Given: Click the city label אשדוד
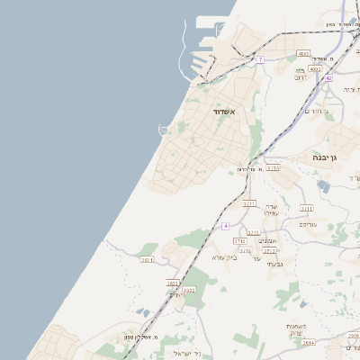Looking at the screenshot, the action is click(x=224, y=111).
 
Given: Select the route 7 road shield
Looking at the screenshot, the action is click(x=260, y=59).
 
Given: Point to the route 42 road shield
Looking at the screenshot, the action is click(x=329, y=78).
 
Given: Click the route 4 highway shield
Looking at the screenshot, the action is click(x=226, y=225).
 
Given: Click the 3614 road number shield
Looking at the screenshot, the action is click(x=309, y=343).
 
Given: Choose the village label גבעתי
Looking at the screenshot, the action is click(x=276, y=264).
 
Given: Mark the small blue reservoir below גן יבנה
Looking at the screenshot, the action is click(x=322, y=185).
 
